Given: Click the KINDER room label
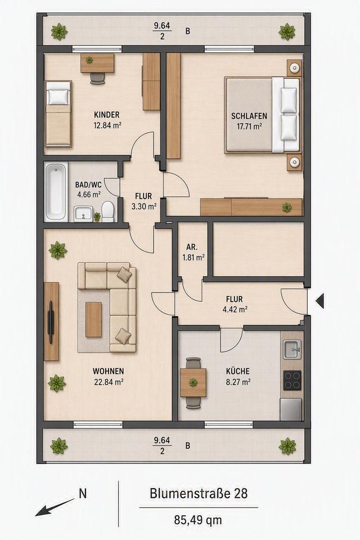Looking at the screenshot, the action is (x=106, y=114).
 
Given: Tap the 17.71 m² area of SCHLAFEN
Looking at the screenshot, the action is (x=249, y=127).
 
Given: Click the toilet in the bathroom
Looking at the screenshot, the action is (x=108, y=211).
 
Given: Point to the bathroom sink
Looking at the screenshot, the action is (x=83, y=214).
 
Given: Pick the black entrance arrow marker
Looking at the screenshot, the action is (x=319, y=300).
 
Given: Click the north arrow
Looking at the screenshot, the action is (x=55, y=507).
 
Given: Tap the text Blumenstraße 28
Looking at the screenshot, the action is (x=199, y=493).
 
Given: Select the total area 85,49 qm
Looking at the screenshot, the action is (x=198, y=520).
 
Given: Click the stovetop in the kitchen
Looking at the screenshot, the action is (x=292, y=380).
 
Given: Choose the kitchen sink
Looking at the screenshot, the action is (x=292, y=349).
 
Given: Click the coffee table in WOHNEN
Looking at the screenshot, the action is (x=94, y=319).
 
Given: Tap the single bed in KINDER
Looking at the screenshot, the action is (x=58, y=114).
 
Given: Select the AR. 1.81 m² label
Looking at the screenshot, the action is (x=193, y=252).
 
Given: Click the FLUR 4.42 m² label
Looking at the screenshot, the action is (x=235, y=304).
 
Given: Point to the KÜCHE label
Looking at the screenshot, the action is (x=238, y=371).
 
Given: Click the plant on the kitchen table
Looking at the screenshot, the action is (x=193, y=382).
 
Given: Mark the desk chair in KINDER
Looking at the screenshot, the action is (x=98, y=78).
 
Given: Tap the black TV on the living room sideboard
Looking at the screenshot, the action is (x=51, y=322).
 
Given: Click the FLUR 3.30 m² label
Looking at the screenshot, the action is (x=143, y=201).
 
